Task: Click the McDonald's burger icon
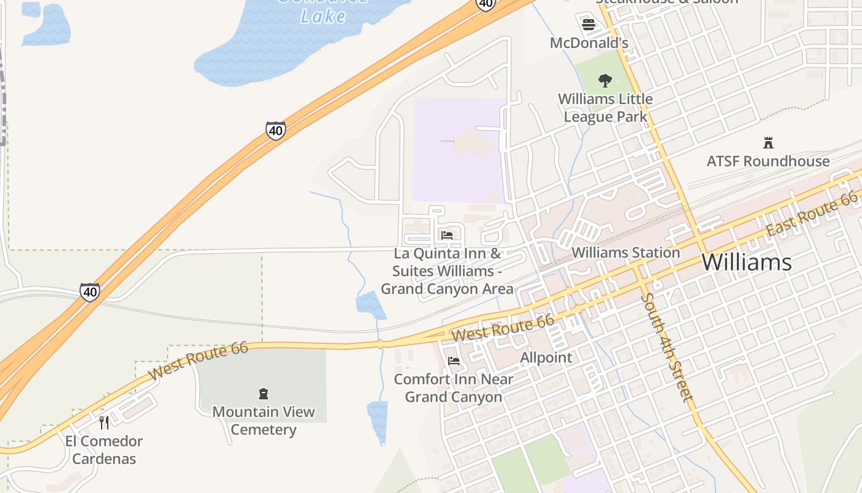[x=589, y=25]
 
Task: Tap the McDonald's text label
[x=589, y=43]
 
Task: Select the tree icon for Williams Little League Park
[x=605, y=80]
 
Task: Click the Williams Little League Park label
[x=605, y=108]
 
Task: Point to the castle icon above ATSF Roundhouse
[x=768, y=143]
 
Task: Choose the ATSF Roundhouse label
[x=768, y=161]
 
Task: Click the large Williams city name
[x=746, y=263]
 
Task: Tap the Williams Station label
[x=626, y=253]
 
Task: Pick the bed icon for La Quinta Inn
[x=447, y=235]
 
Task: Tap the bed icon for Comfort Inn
[x=454, y=361]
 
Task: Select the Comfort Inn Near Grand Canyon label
[x=454, y=388]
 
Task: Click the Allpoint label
[x=546, y=357]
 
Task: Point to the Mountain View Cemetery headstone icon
[x=264, y=393]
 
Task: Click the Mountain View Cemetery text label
[x=264, y=420]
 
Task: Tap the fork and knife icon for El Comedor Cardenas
[x=104, y=422]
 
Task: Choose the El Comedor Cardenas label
[x=104, y=450]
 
